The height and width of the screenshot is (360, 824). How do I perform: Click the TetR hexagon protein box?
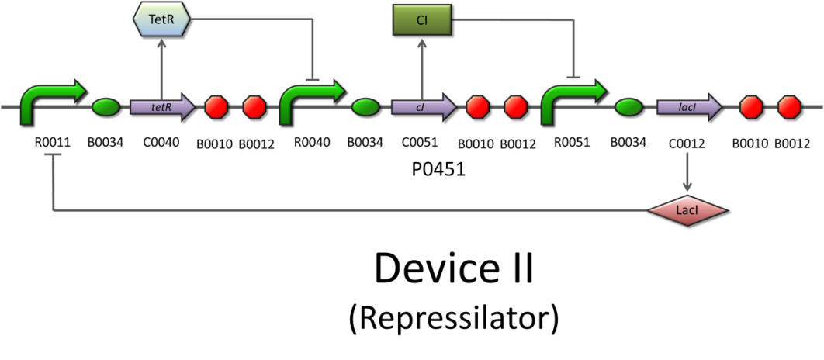tap(161, 19)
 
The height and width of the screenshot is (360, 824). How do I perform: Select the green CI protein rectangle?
tap(421, 19)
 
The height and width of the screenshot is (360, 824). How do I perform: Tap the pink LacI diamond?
tap(687, 210)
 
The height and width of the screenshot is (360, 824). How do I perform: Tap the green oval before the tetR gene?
tap(106, 107)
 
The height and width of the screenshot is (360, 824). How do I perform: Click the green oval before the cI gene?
tap(365, 107)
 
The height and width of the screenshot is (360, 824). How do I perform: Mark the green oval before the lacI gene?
tap(628, 107)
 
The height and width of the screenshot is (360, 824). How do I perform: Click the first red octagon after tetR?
tap(216, 107)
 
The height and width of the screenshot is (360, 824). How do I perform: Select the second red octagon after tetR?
tap(254, 107)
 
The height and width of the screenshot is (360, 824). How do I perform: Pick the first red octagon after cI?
tap(477, 107)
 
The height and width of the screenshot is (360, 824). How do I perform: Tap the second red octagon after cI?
tap(515, 107)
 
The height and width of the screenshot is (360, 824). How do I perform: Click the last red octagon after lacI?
tap(789, 107)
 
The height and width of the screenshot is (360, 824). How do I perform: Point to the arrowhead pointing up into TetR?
tap(161, 43)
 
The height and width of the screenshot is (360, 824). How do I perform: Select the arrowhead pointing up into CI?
tap(421, 43)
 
